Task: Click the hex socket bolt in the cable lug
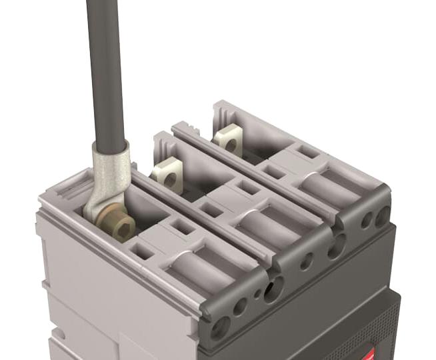click(x=119, y=230)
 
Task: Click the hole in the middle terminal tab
click(x=171, y=179)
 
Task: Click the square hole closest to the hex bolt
click(x=143, y=252)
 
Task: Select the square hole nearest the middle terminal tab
click(x=212, y=210)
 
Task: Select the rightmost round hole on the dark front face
click(x=382, y=217)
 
